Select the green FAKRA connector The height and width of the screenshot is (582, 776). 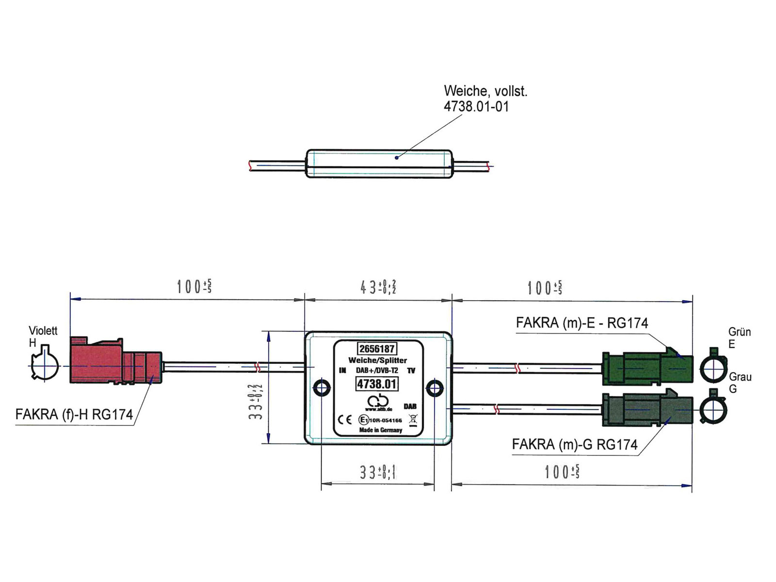pos(647,368)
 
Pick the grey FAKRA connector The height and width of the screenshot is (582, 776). pos(647,409)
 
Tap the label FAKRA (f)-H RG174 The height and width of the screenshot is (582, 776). pos(74,415)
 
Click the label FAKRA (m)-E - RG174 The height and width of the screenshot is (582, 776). pos(582,323)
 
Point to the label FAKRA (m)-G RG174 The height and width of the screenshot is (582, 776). pos(574,445)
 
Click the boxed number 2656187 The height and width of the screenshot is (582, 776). pos(377,349)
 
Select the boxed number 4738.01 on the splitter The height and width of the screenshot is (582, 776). pos(377,384)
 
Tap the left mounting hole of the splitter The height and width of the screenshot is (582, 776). pos(322,388)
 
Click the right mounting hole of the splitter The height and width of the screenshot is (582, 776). pos(434,388)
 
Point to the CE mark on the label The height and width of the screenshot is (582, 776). pos(345,420)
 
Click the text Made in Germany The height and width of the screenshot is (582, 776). pos(380,430)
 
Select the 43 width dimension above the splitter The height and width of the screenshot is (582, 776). pos(378,288)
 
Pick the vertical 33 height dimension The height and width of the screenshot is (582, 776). pos(256,401)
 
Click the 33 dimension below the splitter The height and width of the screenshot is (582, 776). pos(377,472)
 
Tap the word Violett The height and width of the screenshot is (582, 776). pos(43,331)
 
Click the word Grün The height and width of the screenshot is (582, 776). pos(739,332)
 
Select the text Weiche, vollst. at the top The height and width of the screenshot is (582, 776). pos(485,91)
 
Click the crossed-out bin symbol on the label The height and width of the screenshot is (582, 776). pos(413,420)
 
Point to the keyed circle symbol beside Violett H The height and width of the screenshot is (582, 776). pos(44,364)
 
